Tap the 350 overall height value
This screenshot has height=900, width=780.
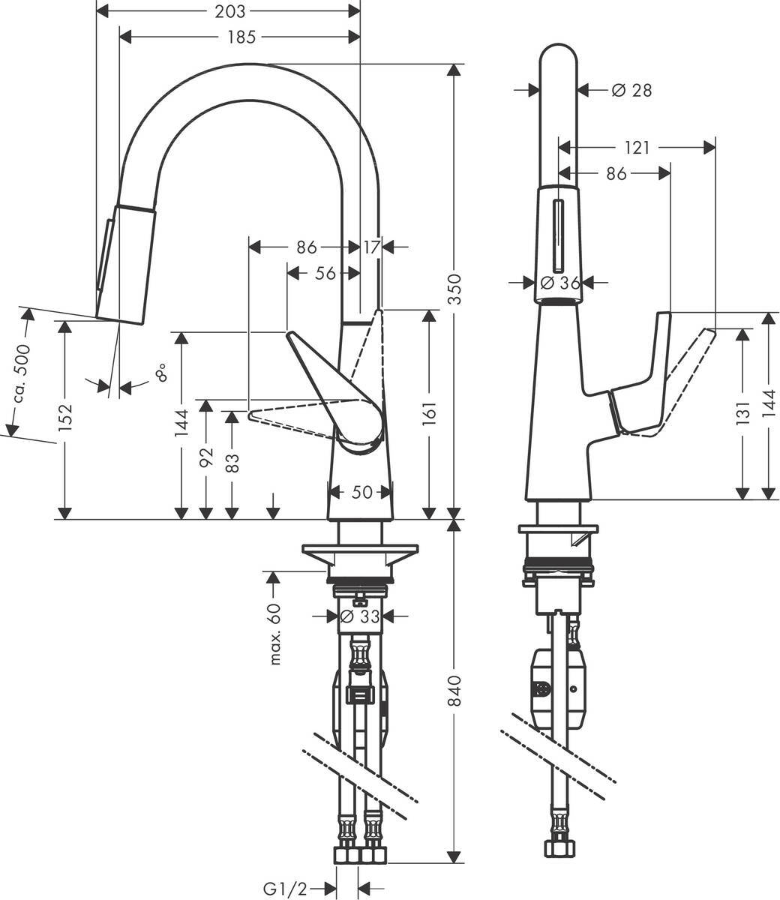tap(453, 289)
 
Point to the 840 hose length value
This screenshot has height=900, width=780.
tap(453, 694)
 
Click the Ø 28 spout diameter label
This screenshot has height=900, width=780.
tap(631, 90)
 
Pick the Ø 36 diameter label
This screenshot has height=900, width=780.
tap(559, 283)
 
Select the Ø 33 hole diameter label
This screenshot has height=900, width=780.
tap(358, 616)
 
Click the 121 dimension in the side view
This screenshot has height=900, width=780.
tap(637, 148)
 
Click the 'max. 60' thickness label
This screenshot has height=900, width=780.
tap(274, 634)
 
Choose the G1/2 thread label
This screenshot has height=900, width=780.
tap(285, 889)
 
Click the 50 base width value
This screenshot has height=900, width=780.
tap(361, 492)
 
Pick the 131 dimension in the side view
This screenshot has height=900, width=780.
tap(742, 412)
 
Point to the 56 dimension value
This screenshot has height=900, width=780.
tap(325, 274)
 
